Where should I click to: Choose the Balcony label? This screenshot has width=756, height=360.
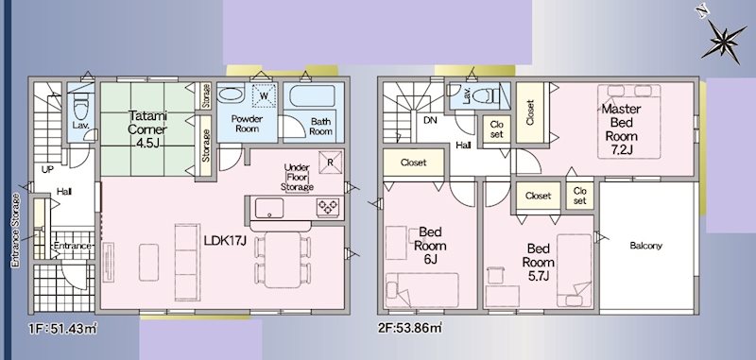(645, 247)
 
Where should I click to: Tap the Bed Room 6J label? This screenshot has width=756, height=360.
(432, 244)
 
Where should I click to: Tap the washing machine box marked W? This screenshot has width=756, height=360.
(264, 96)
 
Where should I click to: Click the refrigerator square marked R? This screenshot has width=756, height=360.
(329, 161)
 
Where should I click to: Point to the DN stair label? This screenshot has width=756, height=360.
(429, 121)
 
